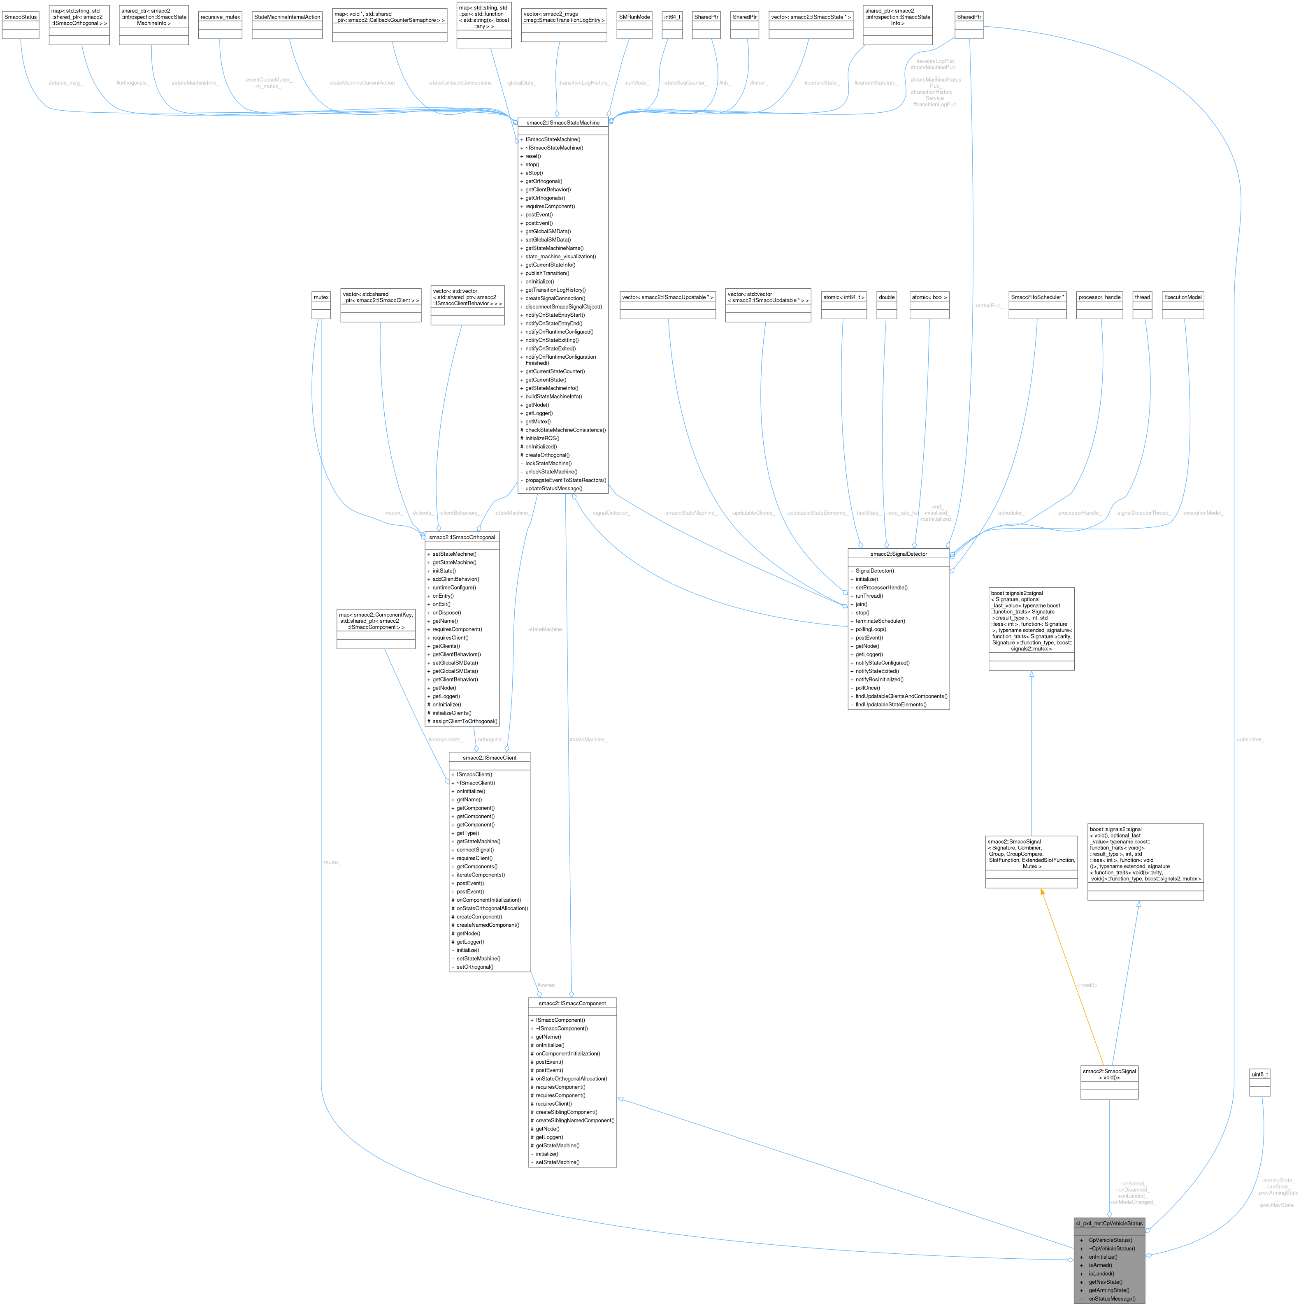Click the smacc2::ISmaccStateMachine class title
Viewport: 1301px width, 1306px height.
[562, 122]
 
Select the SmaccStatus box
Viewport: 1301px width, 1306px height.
[20, 17]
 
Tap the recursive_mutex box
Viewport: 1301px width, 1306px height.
[220, 17]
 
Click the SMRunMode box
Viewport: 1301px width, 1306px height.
[634, 17]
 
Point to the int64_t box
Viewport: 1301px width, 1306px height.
[672, 17]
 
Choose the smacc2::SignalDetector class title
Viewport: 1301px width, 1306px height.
[899, 554]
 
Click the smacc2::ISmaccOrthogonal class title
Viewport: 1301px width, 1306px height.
[462, 537]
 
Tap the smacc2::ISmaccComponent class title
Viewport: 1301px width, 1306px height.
[572, 1003]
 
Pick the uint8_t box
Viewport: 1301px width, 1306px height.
[1259, 1074]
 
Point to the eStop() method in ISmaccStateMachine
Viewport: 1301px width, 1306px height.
[534, 172]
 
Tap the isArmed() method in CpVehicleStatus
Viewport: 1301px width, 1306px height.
[1100, 1265]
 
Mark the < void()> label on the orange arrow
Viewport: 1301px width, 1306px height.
[1087, 985]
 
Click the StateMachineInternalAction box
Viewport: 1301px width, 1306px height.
[287, 17]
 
